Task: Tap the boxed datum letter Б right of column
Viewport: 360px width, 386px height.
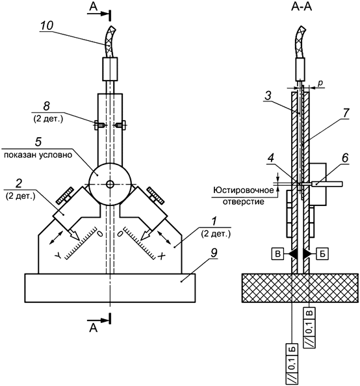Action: pos(322,253)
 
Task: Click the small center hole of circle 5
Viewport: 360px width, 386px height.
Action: pos(110,185)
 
